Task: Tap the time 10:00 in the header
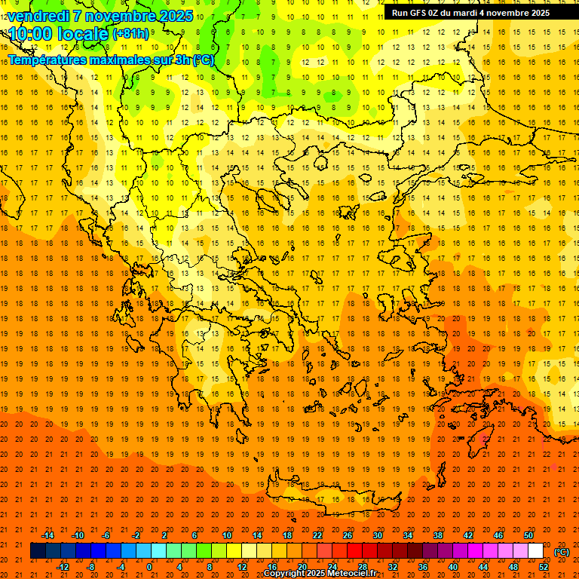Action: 35,33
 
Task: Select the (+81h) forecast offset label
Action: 130,33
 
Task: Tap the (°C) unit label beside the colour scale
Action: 562,552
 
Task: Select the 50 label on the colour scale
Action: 528,535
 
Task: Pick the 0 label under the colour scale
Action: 150,567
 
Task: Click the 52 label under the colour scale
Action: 544,567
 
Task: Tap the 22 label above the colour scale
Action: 317,535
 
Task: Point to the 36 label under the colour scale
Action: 423,567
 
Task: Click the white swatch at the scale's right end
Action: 536,551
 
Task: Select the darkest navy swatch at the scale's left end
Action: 38,551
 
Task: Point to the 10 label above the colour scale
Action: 227,535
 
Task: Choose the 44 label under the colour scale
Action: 483,567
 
